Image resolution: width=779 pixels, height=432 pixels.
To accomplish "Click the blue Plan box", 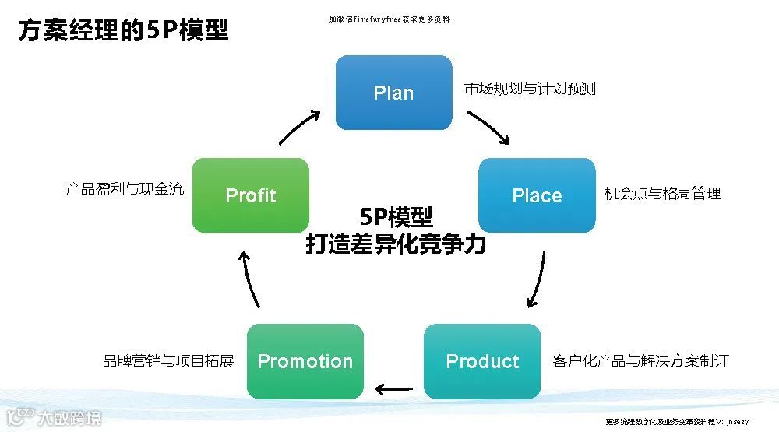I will pyautogui.click(x=393, y=93).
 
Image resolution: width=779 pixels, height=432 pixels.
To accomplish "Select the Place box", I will pyautogui.click(x=537, y=195).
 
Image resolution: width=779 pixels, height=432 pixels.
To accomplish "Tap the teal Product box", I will pyautogui.click(x=482, y=361).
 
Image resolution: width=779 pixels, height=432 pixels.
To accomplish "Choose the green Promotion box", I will pyautogui.click(x=305, y=361).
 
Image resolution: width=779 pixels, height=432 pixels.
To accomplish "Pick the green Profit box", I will pyautogui.click(x=251, y=195).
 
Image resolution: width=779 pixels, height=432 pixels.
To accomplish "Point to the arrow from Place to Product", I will pyautogui.click(x=536, y=279).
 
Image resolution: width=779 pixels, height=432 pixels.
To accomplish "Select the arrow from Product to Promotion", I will pyautogui.click(x=394, y=388).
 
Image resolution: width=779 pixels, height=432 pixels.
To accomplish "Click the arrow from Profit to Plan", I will pyautogui.click(x=300, y=126).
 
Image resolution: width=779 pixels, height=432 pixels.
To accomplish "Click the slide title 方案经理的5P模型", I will pyautogui.click(x=123, y=32).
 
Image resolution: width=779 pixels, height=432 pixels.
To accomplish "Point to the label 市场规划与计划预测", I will pyautogui.click(x=530, y=89).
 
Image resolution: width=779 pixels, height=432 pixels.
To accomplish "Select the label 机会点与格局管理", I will pyautogui.click(x=662, y=194).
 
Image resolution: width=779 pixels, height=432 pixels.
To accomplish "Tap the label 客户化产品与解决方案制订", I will pyautogui.click(x=640, y=360).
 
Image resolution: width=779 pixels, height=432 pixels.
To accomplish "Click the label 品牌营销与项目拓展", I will pyautogui.click(x=168, y=361).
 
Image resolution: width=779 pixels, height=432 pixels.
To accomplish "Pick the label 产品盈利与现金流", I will pyautogui.click(x=125, y=188).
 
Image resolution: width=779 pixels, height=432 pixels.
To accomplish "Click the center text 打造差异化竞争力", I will pyautogui.click(x=396, y=244).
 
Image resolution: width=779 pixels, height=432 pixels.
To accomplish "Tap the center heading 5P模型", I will pyautogui.click(x=396, y=217).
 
